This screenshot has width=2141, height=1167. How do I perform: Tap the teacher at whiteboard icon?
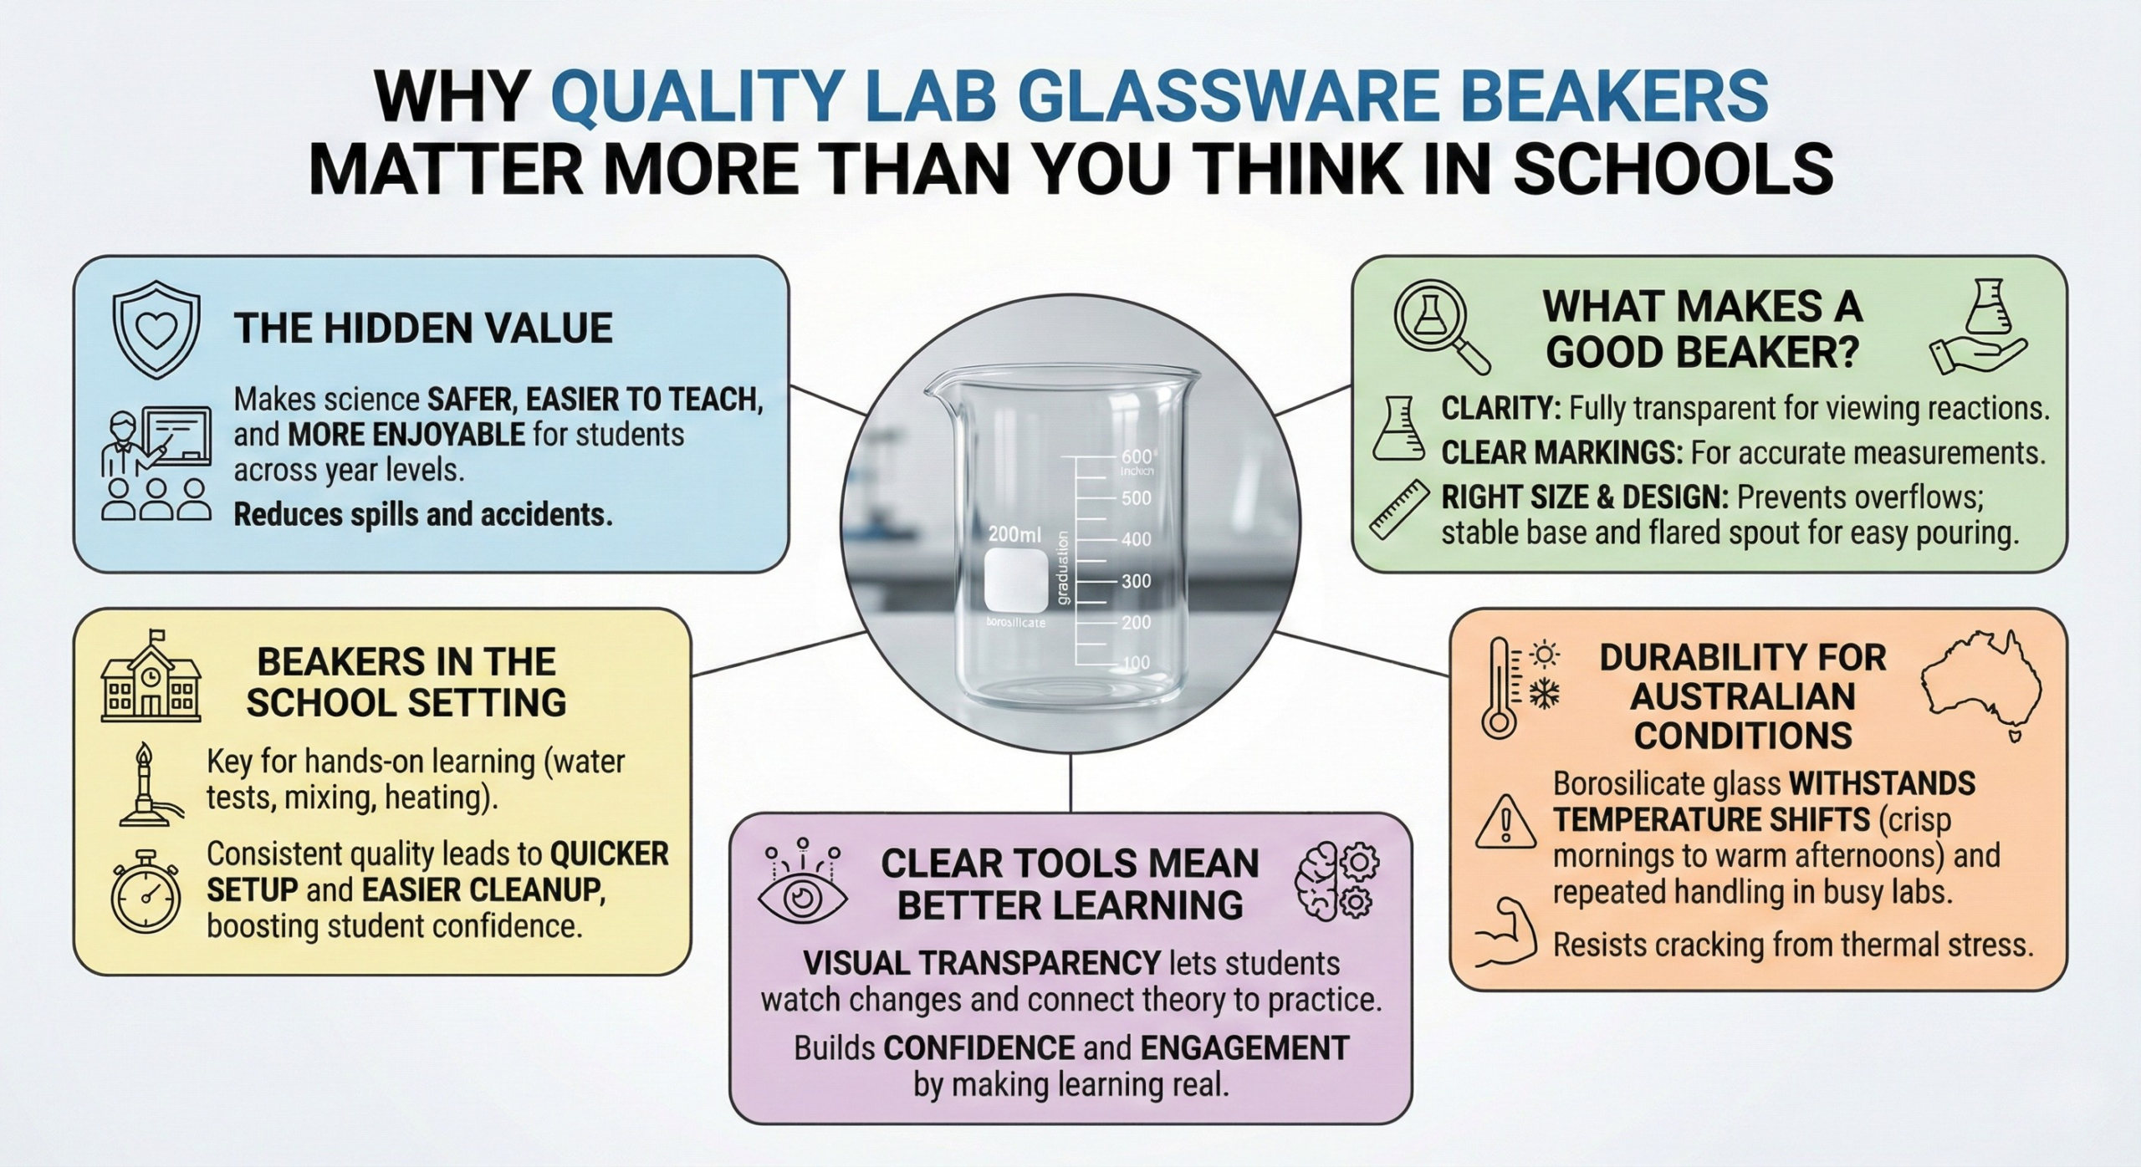pyautogui.click(x=156, y=464)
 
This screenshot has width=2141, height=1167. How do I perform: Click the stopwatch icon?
pyautogui.click(x=146, y=892)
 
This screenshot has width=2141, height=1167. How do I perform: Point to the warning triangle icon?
pyautogui.click(x=1505, y=820)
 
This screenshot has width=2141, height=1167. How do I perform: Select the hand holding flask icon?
pyautogui.click(x=1978, y=327)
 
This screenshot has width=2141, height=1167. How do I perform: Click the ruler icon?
pyautogui.click(x=1398, y=507)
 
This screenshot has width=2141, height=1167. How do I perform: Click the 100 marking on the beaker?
pyautogui.click(x=1136, y=663)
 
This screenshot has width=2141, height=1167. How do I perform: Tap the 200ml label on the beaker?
pyautogui.click(x=1015, y=533)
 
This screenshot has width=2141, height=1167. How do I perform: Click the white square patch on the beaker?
pyautogui.click(x=1015, y=581)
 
